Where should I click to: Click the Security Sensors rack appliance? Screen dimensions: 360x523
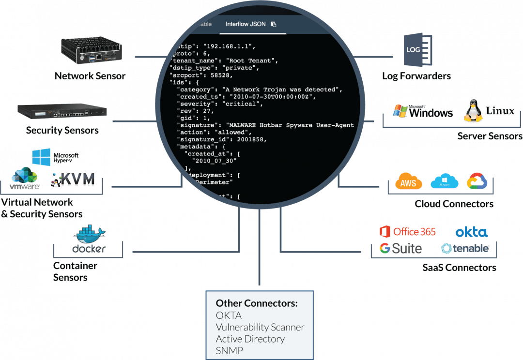coord(62,112)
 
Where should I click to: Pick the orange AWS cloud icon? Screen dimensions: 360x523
coord(408,181)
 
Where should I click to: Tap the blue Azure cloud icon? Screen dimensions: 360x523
coord(444,181)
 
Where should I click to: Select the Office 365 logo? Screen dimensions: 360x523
coord(408,232)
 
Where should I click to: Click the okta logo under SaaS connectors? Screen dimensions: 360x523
coord(471,232)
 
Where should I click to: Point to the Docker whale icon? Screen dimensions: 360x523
coord(90,236)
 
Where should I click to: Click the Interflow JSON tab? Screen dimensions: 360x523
coord(246,24)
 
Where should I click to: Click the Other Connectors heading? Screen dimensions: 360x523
coord(256,303)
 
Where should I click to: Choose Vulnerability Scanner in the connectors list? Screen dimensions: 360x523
coord(260,327)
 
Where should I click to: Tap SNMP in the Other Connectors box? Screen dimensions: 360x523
coord(230,350)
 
